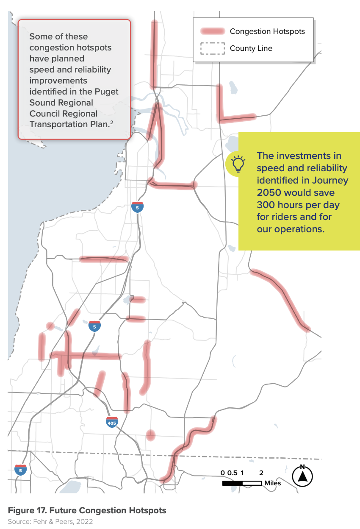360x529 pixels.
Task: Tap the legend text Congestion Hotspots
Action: tap(267, 31)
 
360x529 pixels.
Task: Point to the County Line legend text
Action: tap(251, 48)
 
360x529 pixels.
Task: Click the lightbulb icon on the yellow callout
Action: tap(238, 163)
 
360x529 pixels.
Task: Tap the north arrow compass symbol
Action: tap(302, 476)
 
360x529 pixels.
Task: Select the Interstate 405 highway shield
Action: tap(112, 422)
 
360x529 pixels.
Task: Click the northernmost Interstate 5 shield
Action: tap(137, 207)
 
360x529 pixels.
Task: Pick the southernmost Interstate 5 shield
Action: tap(20, 470)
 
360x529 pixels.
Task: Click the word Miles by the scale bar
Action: tap(272, 483)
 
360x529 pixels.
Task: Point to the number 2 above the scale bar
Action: tap(261, 473)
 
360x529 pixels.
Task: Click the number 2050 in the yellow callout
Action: tap(269, 192)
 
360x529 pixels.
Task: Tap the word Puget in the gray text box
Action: tap(108, 92)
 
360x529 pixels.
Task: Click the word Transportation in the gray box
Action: tap(58, 125)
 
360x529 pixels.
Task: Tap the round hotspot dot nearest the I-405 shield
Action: tap(150, 435)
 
